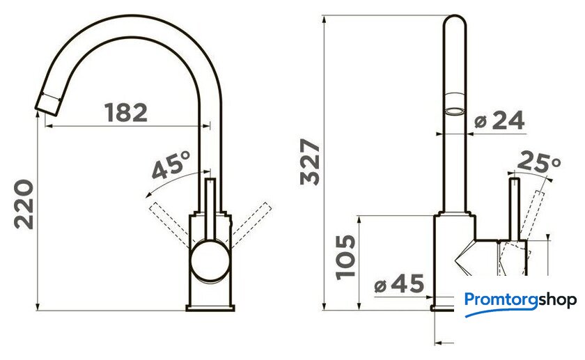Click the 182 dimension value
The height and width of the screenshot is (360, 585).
[x=126, y=112]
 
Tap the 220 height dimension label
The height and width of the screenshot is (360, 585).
[x=24, y=204]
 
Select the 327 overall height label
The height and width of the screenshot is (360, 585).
[x=310, y=162]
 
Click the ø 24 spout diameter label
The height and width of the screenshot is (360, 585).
[x=499, y=120]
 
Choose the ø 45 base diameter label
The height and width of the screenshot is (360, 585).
[x=399, y=283]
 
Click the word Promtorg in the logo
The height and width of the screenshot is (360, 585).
[x=501, y=299]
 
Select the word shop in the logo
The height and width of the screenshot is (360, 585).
[x=557, y=299]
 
